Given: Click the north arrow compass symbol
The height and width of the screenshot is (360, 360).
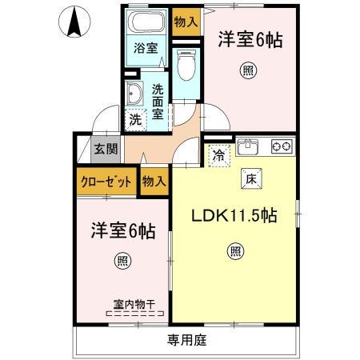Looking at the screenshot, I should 74,22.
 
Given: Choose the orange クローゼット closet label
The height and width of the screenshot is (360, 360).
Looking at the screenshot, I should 106,182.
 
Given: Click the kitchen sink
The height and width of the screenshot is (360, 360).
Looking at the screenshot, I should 249,146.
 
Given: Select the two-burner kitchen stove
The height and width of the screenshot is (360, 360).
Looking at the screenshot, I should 282,146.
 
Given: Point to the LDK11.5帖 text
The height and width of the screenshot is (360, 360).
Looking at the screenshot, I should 234,215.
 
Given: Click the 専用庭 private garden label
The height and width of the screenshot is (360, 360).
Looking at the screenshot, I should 187,340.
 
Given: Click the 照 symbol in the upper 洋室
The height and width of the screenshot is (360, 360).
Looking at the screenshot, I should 250,71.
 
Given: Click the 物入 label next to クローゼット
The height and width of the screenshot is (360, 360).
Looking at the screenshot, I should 154,182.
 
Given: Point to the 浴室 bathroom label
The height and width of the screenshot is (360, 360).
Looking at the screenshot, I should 145,48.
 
